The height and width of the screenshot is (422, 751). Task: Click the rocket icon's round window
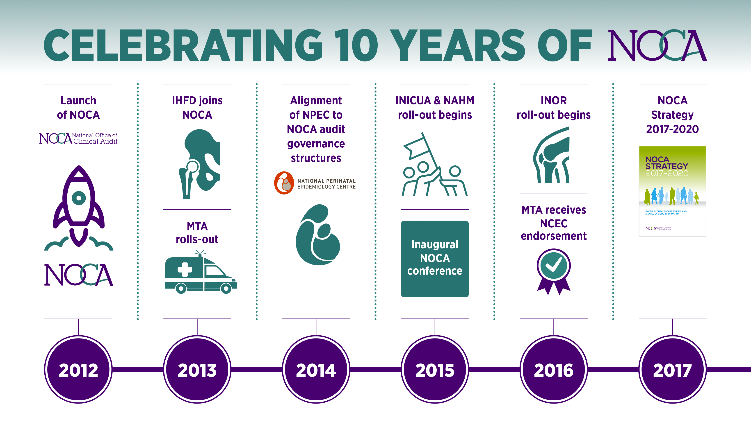78,198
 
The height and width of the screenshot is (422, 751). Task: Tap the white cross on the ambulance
185,269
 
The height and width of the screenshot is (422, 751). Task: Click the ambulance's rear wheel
181,289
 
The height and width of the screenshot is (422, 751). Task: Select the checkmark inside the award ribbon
553,265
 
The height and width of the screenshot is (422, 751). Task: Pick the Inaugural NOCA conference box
435,259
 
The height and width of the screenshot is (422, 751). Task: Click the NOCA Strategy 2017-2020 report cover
672,191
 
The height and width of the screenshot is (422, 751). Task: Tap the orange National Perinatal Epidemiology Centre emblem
284,183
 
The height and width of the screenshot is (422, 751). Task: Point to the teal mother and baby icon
317,235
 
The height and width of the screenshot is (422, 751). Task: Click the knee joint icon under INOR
552,156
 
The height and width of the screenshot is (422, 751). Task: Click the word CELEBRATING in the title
183,46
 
